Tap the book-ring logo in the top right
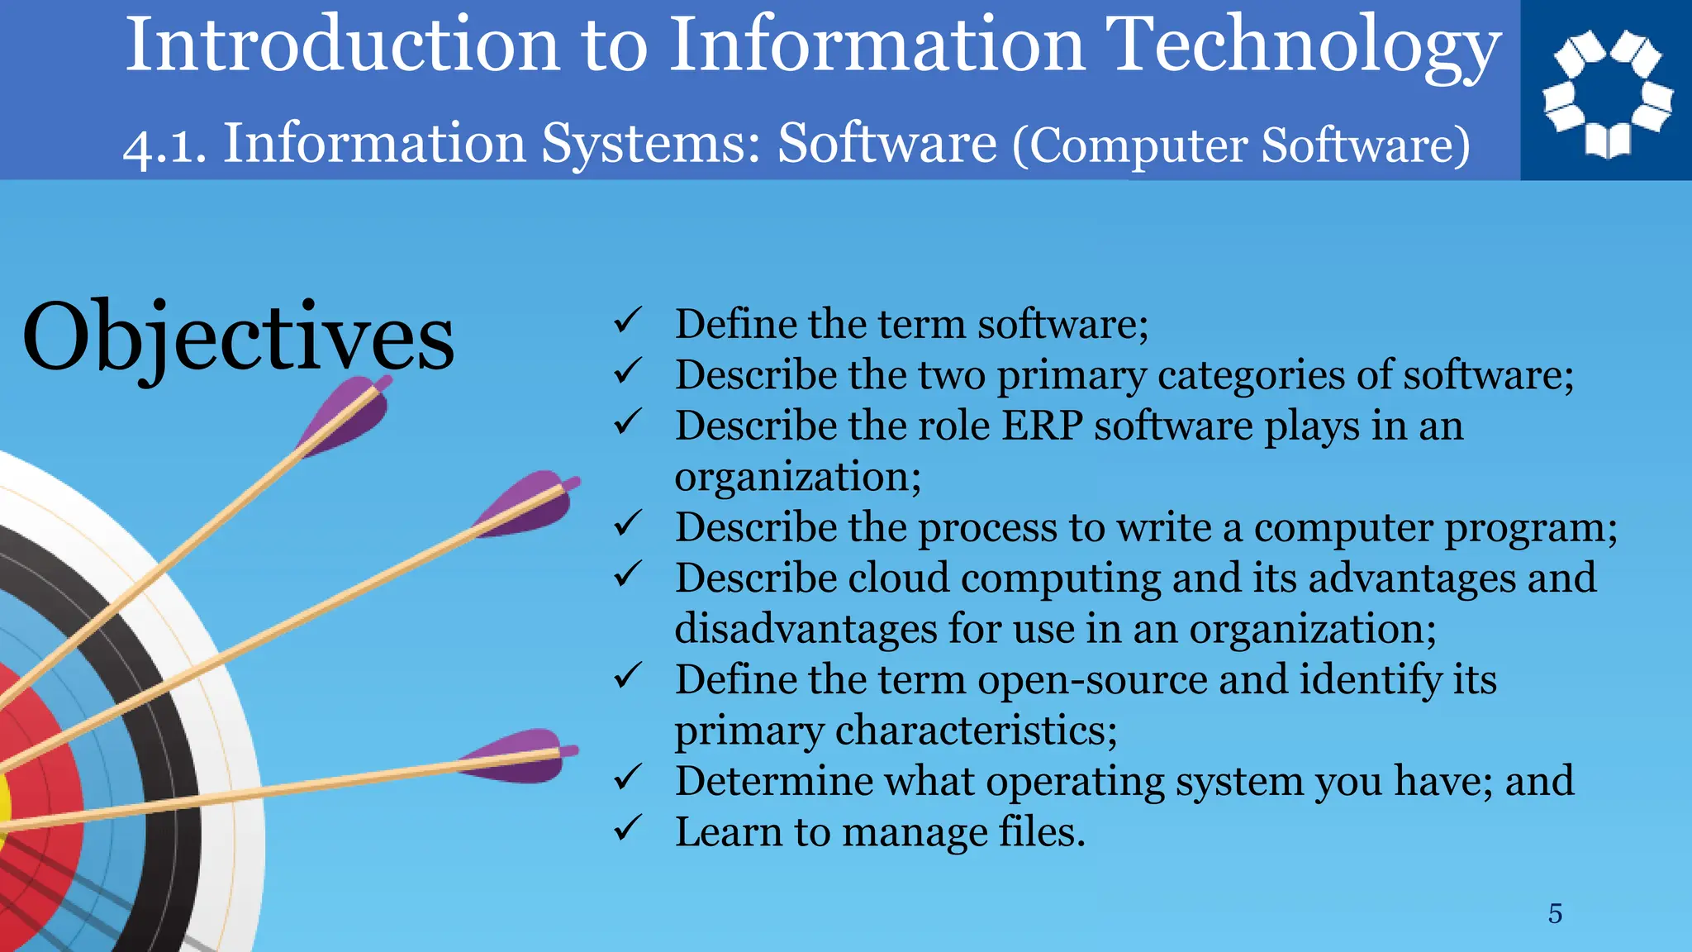[x=1607, y=92]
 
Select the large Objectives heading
[x=238, y=337]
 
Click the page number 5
[x=1555, y=913]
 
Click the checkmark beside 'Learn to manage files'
[x=628, y=828]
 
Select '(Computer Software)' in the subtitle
[x=1242, y=145]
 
